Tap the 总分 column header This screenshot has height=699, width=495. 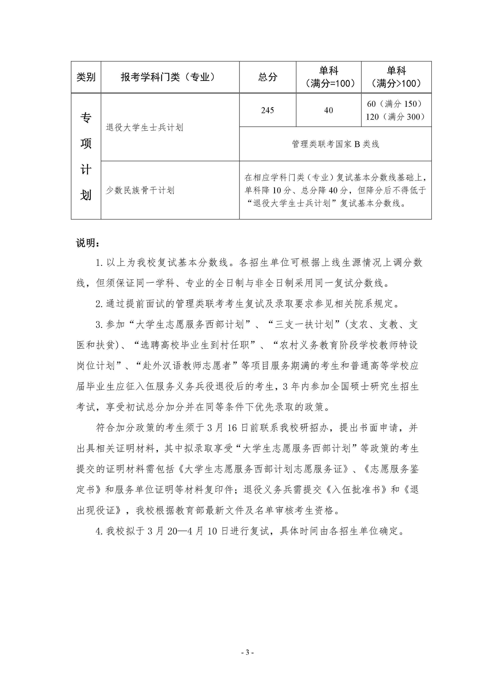(x=267, y=77)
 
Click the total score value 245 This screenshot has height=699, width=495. (x=267, y=110)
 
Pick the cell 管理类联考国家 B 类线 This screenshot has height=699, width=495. (x=335, y=144)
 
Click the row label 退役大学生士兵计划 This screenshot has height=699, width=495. (x=144, y=127)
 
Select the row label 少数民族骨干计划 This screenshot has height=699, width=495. (x=140, y=190)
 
